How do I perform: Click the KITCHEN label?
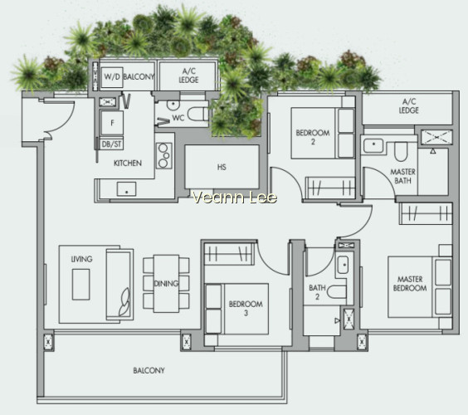(x=128, y=163)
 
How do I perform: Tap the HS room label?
(x=222, y=167)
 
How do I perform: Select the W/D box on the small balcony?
(x=112, y=77)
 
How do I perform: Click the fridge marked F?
(x=112, y=123)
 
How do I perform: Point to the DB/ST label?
(x=112, y=144)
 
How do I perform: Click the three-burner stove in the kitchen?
(x=163, y=155)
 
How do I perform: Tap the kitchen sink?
(x=126, y=189)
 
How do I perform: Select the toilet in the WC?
(x=197, y=114)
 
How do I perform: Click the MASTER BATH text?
(x=402, y=176)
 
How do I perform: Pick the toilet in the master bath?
(x=401, y=151)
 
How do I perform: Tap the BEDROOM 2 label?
(x=313, y=137)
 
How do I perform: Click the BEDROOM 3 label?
(x=246, y=309)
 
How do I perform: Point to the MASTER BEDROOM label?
(x=410, y=284)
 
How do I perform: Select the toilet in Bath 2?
(x=337, y=292)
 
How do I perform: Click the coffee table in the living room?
(x=80, y=285)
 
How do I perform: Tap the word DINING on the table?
(x=166, y=284)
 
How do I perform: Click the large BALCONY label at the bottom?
(x=149, y=370)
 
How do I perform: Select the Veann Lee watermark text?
(x=235, y=198)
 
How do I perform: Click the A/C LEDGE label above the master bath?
(x=408, y=106)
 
